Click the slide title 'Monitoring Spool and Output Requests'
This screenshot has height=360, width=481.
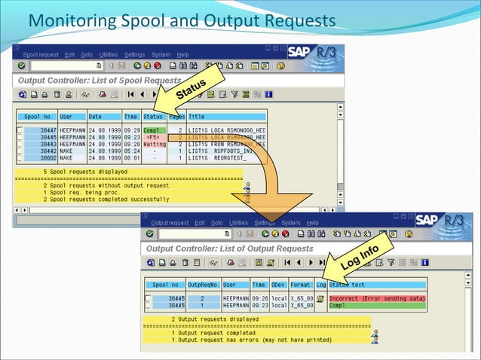click(x=181, y=18)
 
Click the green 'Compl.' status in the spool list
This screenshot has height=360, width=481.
click(x=154, y=130)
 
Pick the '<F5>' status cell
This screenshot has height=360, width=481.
click(x=154, y=136)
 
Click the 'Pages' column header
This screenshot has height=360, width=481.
click(x=176, y=117)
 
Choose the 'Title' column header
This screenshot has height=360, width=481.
click(x=197, y=117)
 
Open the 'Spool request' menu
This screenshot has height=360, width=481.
click(x=40, y=55)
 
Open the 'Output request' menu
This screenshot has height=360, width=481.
click(x=170, y=223)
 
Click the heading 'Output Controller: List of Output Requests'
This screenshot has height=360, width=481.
click(x=229, y=248)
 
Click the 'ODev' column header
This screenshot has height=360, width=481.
click(x=278, y=285)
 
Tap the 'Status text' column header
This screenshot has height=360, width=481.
click(x=347, y=285)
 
